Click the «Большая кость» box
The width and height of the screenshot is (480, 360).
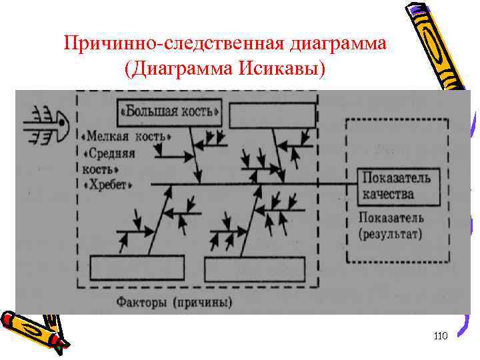[169, 111]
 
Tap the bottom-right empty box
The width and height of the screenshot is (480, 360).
[254, 269]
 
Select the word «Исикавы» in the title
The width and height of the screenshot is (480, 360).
[292, 69]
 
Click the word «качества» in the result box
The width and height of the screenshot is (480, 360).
[389, 195]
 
